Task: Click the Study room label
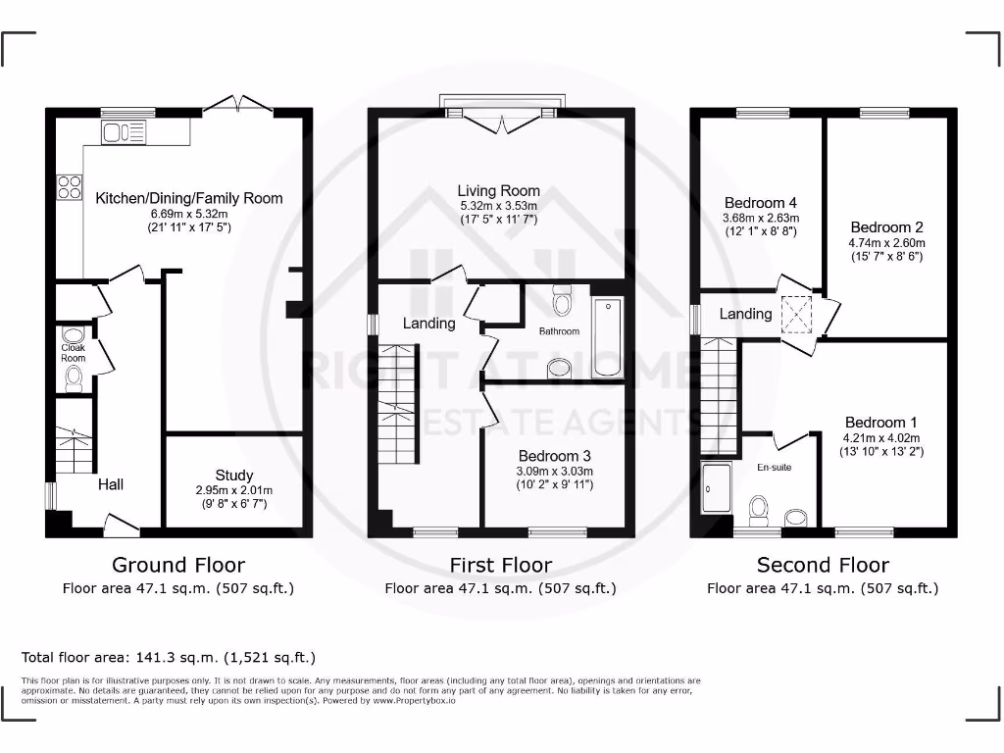[234, 476]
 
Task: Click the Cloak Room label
[74, 353]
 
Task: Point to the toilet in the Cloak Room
[74, 379]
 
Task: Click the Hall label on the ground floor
[111, 484]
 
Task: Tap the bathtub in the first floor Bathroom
[607, 337]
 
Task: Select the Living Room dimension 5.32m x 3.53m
[500, 207]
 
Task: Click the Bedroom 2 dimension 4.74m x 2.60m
[887, 242]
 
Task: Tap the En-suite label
[774, 468]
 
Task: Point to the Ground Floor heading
[178, 565]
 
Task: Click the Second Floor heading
[823, 565]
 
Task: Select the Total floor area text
[169, 657]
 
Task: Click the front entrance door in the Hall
[121, 524]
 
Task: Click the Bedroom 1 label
[881, 423]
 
